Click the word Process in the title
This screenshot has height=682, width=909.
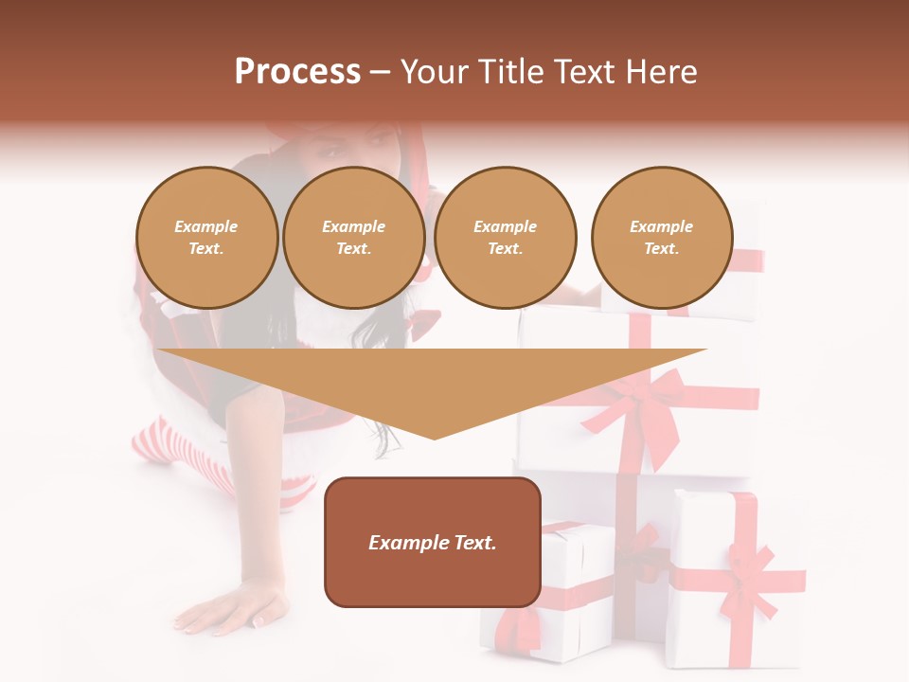coord(297,72)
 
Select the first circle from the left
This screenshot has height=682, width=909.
coord(207,238)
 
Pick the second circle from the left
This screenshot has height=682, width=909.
coord(354,238)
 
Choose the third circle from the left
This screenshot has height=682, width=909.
coord(506,238)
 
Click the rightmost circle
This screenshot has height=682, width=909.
coord(662,238)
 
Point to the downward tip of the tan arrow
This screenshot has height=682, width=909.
coord(434,437)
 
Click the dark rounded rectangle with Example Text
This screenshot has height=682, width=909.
coord(433,542)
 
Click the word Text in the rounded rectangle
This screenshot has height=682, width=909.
coord(472,543)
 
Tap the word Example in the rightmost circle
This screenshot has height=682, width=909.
coord(661,226)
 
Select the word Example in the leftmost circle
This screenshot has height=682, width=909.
coord(206,226)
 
